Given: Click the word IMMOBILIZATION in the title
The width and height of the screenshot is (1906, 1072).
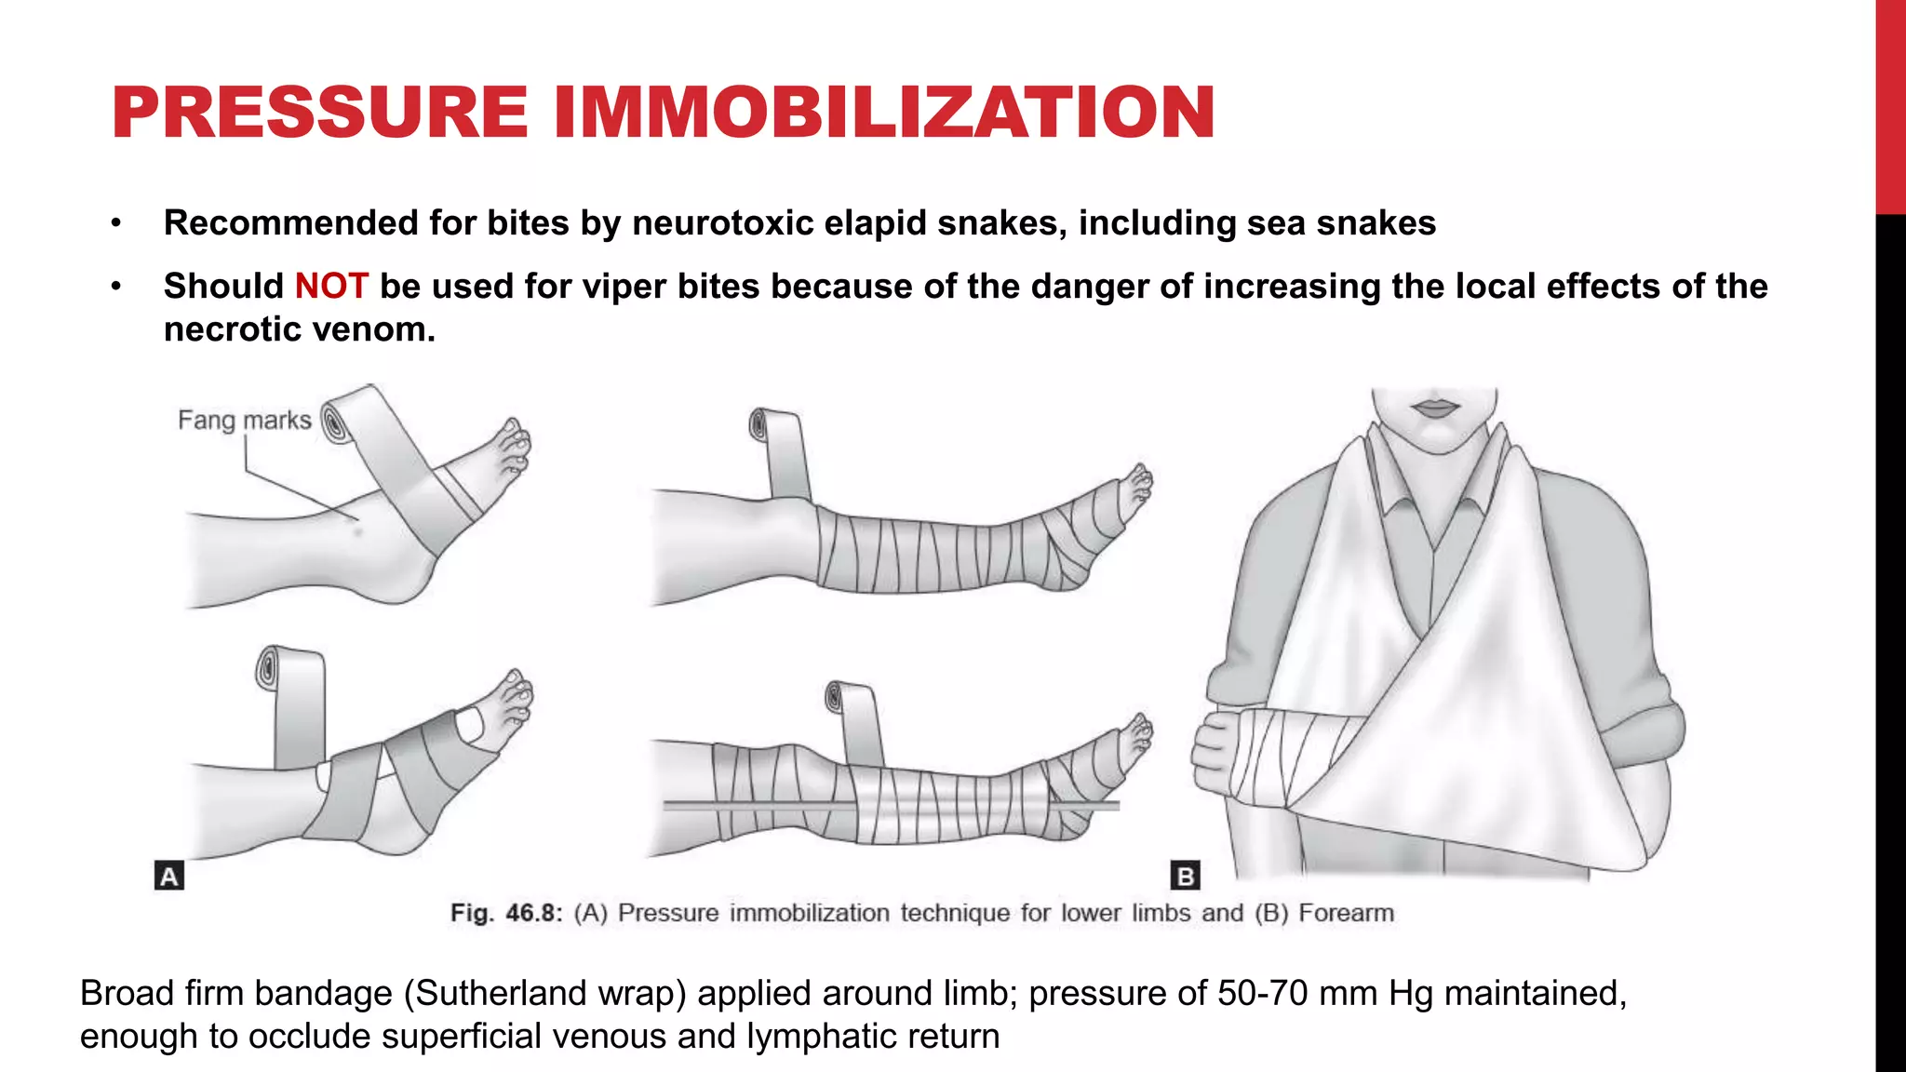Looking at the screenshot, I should (x=884, y=113).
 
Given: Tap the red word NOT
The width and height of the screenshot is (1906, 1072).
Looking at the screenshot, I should (x=331, y=286).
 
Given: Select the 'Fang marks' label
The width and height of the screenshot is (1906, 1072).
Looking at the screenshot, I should (x=244, y=421).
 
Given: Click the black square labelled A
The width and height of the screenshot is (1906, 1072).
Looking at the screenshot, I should (x=168, y=876).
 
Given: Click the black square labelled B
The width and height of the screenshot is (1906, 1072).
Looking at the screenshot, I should (x=1185, y=876).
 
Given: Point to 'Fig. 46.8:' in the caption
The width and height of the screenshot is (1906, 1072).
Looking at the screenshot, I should (x=506, y=913).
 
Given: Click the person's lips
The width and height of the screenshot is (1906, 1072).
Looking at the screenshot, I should (x=1435, y=408).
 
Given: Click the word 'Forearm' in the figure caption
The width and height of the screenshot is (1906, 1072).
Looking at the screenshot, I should (x=1346, y=913).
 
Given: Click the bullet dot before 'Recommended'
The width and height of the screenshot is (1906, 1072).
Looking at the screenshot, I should (x=115, y=223).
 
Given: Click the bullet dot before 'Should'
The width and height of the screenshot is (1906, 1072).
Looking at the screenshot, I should (x=115, y=286).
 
